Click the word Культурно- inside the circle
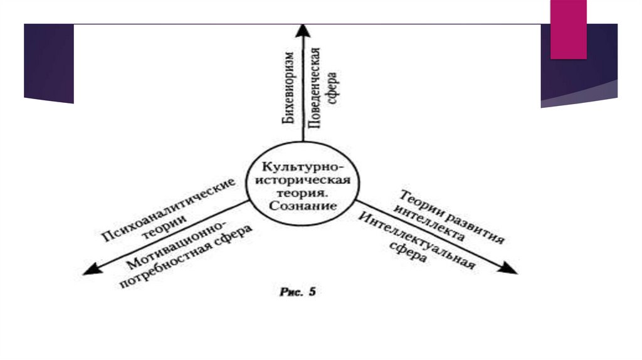(x=303, y=167)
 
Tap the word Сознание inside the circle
(x=306, y=206)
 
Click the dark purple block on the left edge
(x=49, y=63)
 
